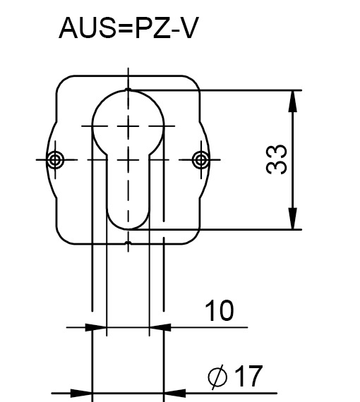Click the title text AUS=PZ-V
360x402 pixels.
tap(128, 28)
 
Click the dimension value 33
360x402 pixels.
tap(276, 159)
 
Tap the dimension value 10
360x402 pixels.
tap(220, 310)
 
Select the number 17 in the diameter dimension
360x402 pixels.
tap(248, 376)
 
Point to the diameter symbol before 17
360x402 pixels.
tap(217, 377)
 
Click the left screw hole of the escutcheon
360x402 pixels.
tap(55, 159)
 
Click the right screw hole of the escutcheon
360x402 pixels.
tap(201, 159)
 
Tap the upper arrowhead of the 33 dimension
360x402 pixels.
tap(292, 102)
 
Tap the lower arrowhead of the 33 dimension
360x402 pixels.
tap(292, 219)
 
